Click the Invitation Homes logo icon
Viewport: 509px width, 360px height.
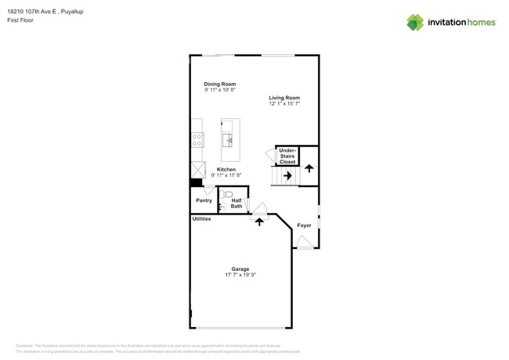click(415, 23)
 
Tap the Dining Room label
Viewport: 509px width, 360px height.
click(220, 84)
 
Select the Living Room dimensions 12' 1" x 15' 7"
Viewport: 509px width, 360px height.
click(284, 103)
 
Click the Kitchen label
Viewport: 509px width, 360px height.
click(226, 169)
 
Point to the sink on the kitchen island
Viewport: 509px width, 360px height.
click(229, 140)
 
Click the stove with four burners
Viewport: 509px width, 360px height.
click(197, 140)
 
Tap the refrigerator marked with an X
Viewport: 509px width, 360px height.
click(197, 170)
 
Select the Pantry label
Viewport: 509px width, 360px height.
click(204, 200)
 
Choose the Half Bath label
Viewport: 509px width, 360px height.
click(236, 203)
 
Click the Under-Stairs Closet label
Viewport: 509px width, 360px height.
click(287, 156)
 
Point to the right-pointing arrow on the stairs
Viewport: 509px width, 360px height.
click(287, 176)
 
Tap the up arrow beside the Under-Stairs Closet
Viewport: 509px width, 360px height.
click(309, 167)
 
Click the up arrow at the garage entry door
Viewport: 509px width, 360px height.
click(259, 221)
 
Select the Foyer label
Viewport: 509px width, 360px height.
click(304, 225)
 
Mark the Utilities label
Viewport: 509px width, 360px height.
click(201, 219)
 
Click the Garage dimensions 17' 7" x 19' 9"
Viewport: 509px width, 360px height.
click(240, 275)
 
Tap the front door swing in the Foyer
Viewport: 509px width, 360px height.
click(304, 243)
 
